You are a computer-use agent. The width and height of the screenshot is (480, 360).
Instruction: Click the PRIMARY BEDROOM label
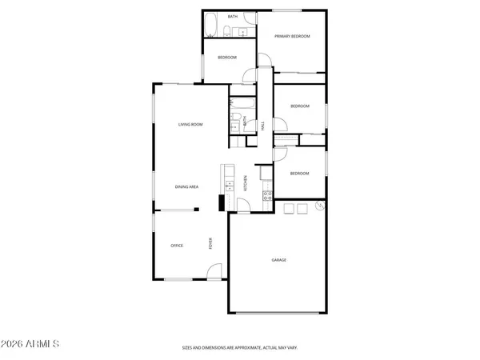292,37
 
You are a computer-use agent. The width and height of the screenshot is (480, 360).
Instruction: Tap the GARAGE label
278,260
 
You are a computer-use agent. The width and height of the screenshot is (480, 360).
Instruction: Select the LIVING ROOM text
190,125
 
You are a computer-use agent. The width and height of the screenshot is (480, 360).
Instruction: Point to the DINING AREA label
187,186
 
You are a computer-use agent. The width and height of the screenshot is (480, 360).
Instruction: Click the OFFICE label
177,246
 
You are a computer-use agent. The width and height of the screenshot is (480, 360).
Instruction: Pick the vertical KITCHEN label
246,182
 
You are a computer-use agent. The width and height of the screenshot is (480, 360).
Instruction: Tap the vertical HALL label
263,126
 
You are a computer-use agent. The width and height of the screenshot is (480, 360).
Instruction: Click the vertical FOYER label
211,243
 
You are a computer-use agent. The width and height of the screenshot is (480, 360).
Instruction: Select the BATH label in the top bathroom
233,16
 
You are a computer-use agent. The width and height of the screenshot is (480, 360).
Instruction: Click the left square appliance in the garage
288,209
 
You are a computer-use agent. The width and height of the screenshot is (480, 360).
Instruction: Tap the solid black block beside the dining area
220,204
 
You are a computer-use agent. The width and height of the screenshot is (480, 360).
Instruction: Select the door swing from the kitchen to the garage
242,206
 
